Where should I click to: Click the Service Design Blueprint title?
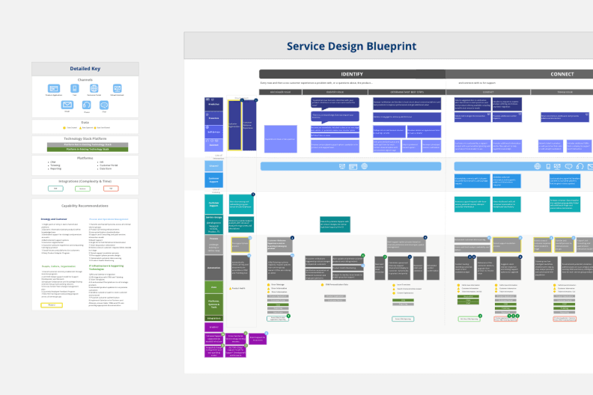pos(351,46)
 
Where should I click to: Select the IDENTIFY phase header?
pos(352,74)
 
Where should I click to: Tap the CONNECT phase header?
pos(562,74)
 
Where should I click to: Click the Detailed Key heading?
pos(85,68)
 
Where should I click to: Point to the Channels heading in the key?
pos(85,79)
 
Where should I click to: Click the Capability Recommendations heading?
pos(85,205)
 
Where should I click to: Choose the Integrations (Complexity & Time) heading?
pos(85,180)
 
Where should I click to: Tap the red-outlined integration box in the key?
pos(111,189)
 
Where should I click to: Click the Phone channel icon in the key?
pos(85,105)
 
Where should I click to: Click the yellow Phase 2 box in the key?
pos(52,305)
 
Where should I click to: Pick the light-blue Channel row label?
pos(214,165)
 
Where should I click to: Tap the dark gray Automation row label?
pos(214,266)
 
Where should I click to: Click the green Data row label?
pos(214,287)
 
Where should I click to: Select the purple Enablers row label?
pos(214,327)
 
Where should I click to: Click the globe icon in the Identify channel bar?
pos(364,165)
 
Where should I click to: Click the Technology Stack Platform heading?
pos(85,138)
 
